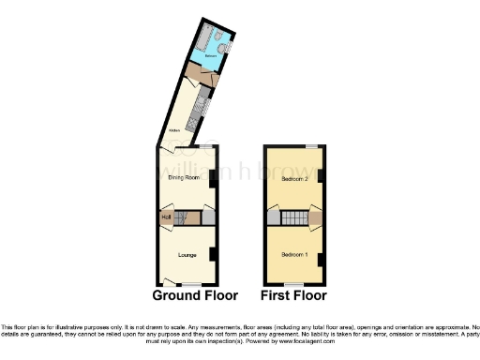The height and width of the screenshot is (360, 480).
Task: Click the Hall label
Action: coord(166,217)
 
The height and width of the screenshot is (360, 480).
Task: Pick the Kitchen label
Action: coord(173,130)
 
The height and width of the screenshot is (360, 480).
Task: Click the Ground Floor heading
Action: coord(195,295)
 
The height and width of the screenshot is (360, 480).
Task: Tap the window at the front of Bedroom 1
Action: coord(293,282)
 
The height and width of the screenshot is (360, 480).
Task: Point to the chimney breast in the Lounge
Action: coord(215,253)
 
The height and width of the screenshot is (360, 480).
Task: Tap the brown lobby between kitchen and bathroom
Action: coord(200,70)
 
